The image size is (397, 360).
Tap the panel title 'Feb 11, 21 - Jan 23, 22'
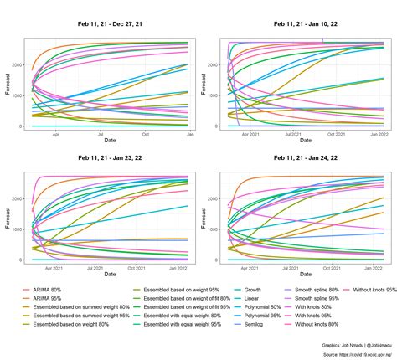[x=110, y=157]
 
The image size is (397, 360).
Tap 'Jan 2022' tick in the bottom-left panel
[x=179, y=267]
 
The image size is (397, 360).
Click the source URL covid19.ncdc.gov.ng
[x=350, y=353]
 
